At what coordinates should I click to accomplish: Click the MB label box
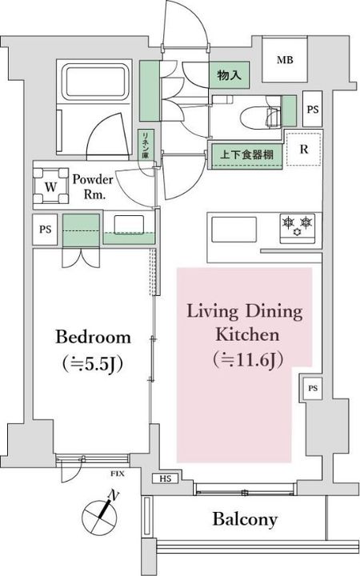coord(284,60)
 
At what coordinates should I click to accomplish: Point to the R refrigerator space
coord(304,150)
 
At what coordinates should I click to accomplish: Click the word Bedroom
coord(93,336)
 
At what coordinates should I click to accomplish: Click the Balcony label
coord(245,519)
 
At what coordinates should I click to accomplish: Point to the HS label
coord(165,479)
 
